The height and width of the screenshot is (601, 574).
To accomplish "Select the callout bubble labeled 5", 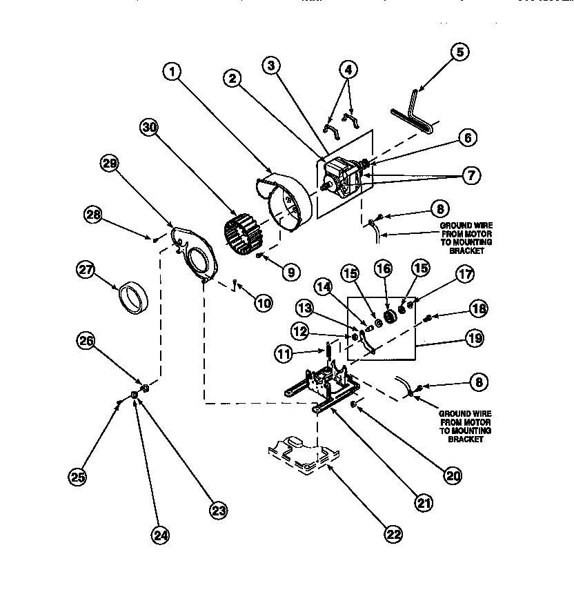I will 461,52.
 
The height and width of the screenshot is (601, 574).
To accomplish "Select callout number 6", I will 467,138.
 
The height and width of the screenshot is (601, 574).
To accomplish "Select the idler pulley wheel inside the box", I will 388,316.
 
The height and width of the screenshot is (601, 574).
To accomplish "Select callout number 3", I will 273,66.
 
